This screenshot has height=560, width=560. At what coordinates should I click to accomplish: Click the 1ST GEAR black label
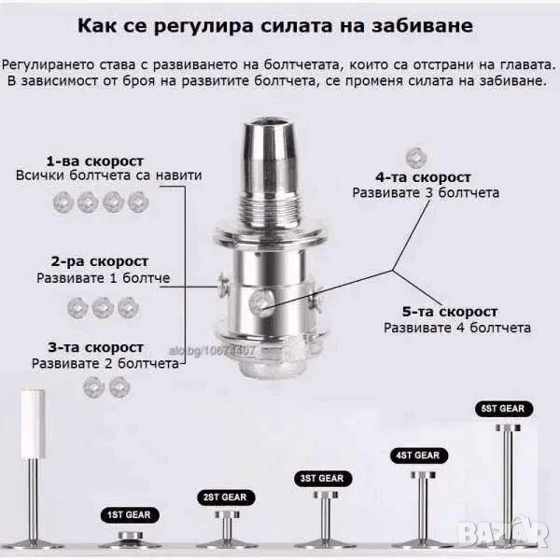click(x=130, y=514)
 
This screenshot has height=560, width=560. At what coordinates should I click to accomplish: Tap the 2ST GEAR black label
click(x=226, y=497)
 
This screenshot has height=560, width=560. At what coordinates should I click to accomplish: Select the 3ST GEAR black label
click(x=323, y=479)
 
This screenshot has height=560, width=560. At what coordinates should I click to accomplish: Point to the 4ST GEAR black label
click(x=418, y=455)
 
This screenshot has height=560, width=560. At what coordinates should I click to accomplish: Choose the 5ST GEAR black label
click(x=504, y=409)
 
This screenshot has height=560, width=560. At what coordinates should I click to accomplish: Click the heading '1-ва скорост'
click(x=95, y=161)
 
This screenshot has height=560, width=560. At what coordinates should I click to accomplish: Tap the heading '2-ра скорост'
click(x=99, y=261)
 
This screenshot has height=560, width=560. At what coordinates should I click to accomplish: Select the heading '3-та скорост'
click(x=96, y=347)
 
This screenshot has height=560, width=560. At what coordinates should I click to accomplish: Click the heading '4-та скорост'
click(x=423, y=177)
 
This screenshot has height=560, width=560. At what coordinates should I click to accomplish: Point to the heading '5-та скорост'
click(x=450, y=312)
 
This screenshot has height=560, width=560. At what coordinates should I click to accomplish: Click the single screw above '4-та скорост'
click(x=416, y=157)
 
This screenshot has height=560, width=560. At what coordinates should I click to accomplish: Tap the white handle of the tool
click(x=33, y=424)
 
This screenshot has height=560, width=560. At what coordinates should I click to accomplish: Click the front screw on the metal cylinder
click(x=260, y=302)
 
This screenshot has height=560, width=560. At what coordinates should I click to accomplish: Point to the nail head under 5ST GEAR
click(x=508, y=427)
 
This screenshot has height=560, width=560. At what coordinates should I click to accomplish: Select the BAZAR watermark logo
click(x=504, y=532)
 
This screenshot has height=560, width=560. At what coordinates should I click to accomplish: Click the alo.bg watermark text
click(x=212, y=351)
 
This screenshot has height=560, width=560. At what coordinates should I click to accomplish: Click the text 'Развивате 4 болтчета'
click(x=457, y=328)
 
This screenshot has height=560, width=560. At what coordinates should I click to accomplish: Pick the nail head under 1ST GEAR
click(x=131, y=535)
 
